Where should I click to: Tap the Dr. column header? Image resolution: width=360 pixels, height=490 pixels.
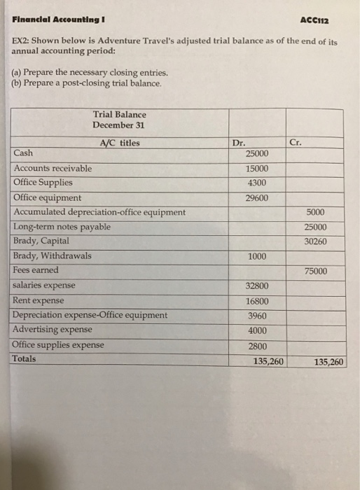pyautogui.click(x=240, y=142)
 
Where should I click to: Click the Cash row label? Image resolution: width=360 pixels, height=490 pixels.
pyautogui.click(x=27, y=153)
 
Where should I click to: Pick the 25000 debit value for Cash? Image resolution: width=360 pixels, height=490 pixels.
pyautogui.click(x=258, y=153)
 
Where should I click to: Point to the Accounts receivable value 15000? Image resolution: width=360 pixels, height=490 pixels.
pyautogui.click(x=258, y=169)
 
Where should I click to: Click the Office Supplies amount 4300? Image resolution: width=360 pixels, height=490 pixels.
pyautogui.click(x=258, y=183)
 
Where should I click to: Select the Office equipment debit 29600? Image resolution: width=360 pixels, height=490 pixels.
pyautogui.click(x=257, y=198)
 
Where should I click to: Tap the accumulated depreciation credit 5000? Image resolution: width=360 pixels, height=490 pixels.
pyautogui.click(x=316, y=212)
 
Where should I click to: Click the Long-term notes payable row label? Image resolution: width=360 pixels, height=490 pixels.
pyautogui.click(x=62, y=227)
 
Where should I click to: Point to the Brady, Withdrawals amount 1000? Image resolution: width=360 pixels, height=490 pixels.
pyautogui.click(x=257, y=257)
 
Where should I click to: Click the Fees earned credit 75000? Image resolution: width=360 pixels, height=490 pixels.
pyautogui.click(x=316, y=272)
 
